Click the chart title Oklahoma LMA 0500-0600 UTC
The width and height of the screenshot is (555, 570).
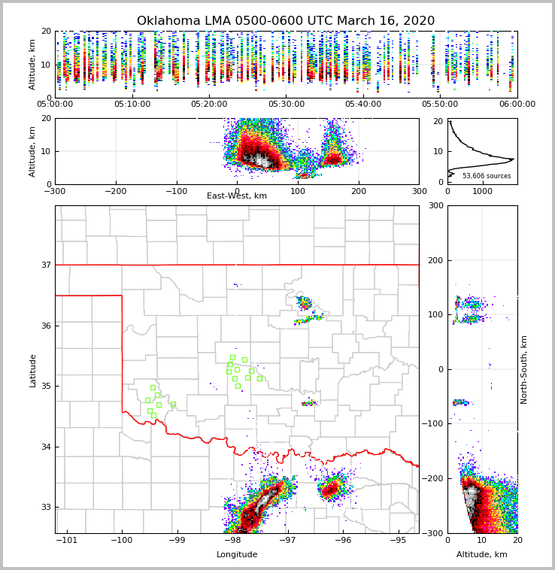click(x=285, y=21)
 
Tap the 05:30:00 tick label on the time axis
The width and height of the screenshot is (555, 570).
click(x=286, y=105)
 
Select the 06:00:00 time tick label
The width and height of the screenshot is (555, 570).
click(x=517, y=105)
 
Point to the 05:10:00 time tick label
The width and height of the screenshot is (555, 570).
click(x=132, y=105)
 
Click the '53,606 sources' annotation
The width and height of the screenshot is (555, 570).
click(x=487, y=176)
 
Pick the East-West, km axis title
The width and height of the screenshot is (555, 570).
click(x=237, y=196)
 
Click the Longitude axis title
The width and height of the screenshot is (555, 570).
click(x=237, y=555)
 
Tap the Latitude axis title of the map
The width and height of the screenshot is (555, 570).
click(x=33, y=370)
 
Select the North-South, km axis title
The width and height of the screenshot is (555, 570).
click(x=524, y=370)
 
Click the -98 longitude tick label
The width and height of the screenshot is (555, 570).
click(x=232, y=541)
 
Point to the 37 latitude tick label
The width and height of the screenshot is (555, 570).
click(x=46, y=265)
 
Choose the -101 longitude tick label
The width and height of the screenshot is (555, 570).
click(x=67, y=541)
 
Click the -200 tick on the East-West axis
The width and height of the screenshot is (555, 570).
click(x=114, y=191)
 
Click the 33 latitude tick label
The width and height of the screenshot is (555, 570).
click(x=46, y=507)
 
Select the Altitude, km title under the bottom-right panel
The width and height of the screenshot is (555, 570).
click(x=482, y=555)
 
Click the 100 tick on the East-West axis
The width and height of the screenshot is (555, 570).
click(x=298, y=191)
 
